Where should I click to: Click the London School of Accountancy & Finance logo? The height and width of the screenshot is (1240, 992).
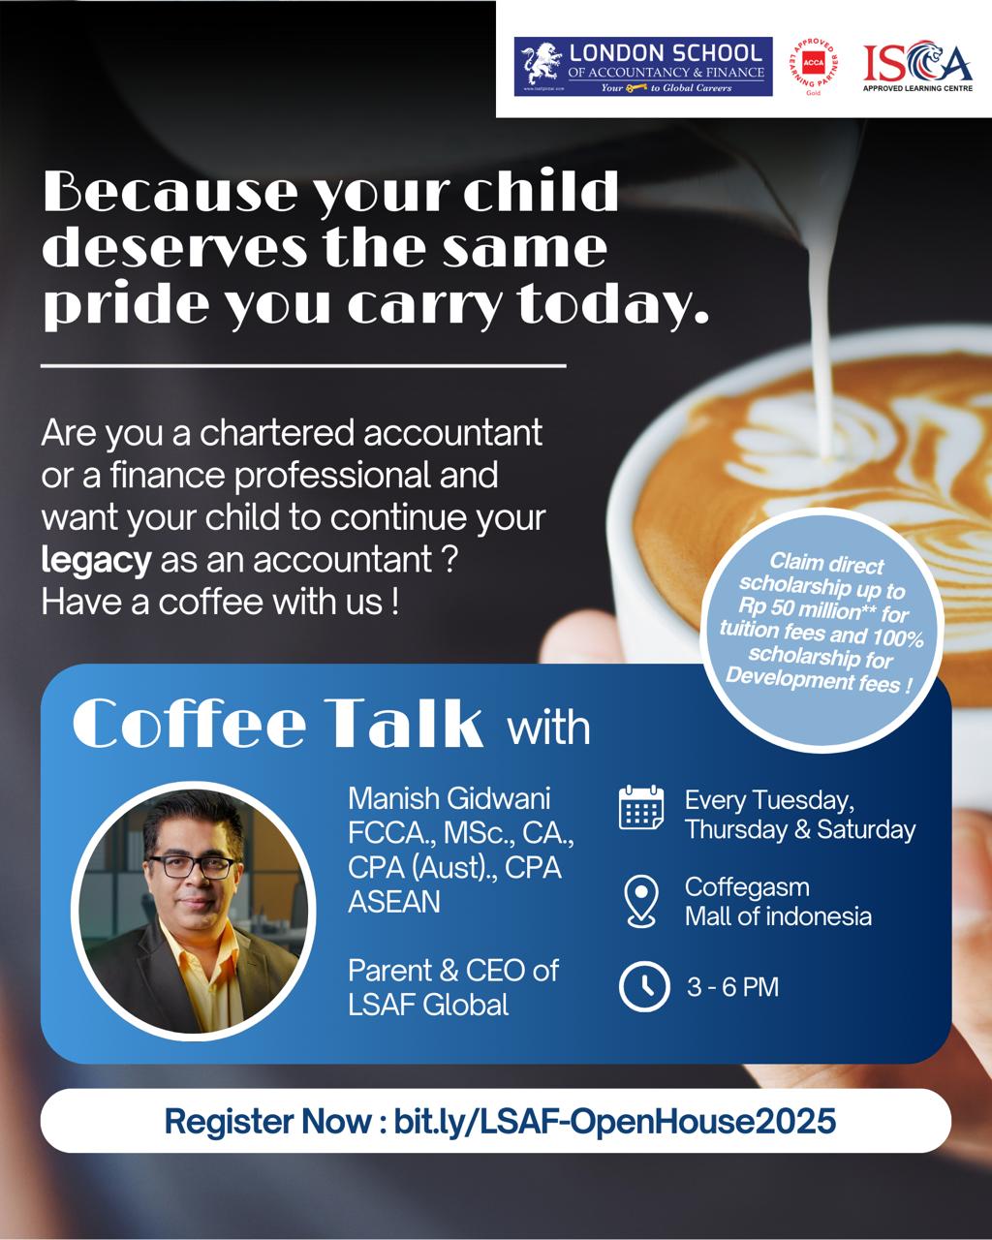tap(643, 66)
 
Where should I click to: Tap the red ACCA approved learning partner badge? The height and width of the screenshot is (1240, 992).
tap(814, 65)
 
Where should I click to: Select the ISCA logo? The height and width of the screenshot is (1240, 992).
tap(917, 65)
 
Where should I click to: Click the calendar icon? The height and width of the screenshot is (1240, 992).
tap(641, 807)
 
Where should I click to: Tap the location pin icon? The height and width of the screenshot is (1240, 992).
tap(641, 901)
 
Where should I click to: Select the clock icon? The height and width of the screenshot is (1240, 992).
tap(644, 986)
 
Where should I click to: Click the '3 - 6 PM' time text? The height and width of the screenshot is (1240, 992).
tap(732, 987)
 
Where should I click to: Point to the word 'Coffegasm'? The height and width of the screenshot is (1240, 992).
tap(747, 888)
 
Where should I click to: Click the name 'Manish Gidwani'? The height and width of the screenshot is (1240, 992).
tap(449, 799)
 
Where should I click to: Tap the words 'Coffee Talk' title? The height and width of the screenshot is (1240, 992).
tap(278, 724)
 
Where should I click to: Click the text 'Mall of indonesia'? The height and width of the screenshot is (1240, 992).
tap(778, 916)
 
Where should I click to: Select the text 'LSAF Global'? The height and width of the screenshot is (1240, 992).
tap(428, 1006)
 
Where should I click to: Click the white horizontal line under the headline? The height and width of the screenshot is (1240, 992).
tap(303, 366)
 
